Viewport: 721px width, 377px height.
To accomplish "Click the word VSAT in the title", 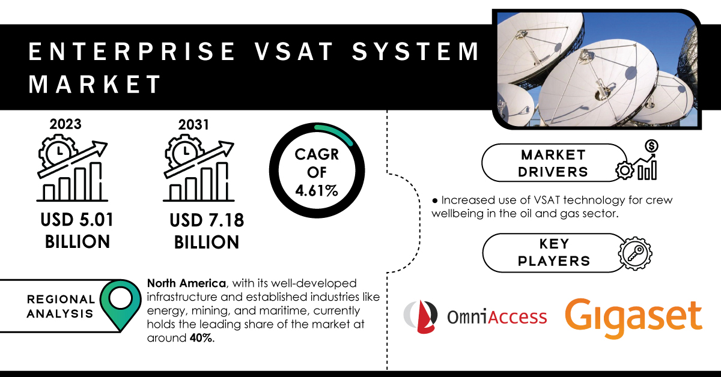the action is (x=294, y=52).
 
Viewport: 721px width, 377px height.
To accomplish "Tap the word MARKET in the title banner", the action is (x=95, y=84).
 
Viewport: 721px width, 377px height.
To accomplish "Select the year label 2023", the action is (x=65, y=124).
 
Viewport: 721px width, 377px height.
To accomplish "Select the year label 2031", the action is (x=193, y=125).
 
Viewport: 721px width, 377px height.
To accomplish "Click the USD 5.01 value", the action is (x=77, y=220).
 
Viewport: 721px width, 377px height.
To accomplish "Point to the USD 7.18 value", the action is (x=207, y=221).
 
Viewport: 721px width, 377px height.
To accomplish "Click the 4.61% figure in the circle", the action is (x=317, y=191).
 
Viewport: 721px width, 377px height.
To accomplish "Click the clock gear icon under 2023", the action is (x=58, y=151).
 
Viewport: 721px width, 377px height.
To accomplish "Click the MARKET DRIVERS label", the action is (x=553, y=163).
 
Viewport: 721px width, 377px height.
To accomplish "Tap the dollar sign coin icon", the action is (x=651, y=146).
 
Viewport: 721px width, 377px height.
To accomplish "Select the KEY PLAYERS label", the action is (x=554, y=253).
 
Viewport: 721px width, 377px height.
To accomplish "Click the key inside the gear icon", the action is (x=634, y=253).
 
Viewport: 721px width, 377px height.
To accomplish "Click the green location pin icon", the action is (x=120, y=304).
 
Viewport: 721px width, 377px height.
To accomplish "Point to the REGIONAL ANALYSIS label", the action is (x=61, y=306).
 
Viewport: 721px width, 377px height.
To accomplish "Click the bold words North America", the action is (x=186, y=283).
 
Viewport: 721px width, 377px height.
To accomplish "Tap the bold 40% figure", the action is (x=202, y=338).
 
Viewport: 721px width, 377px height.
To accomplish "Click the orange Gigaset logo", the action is (x=633, y=318).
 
